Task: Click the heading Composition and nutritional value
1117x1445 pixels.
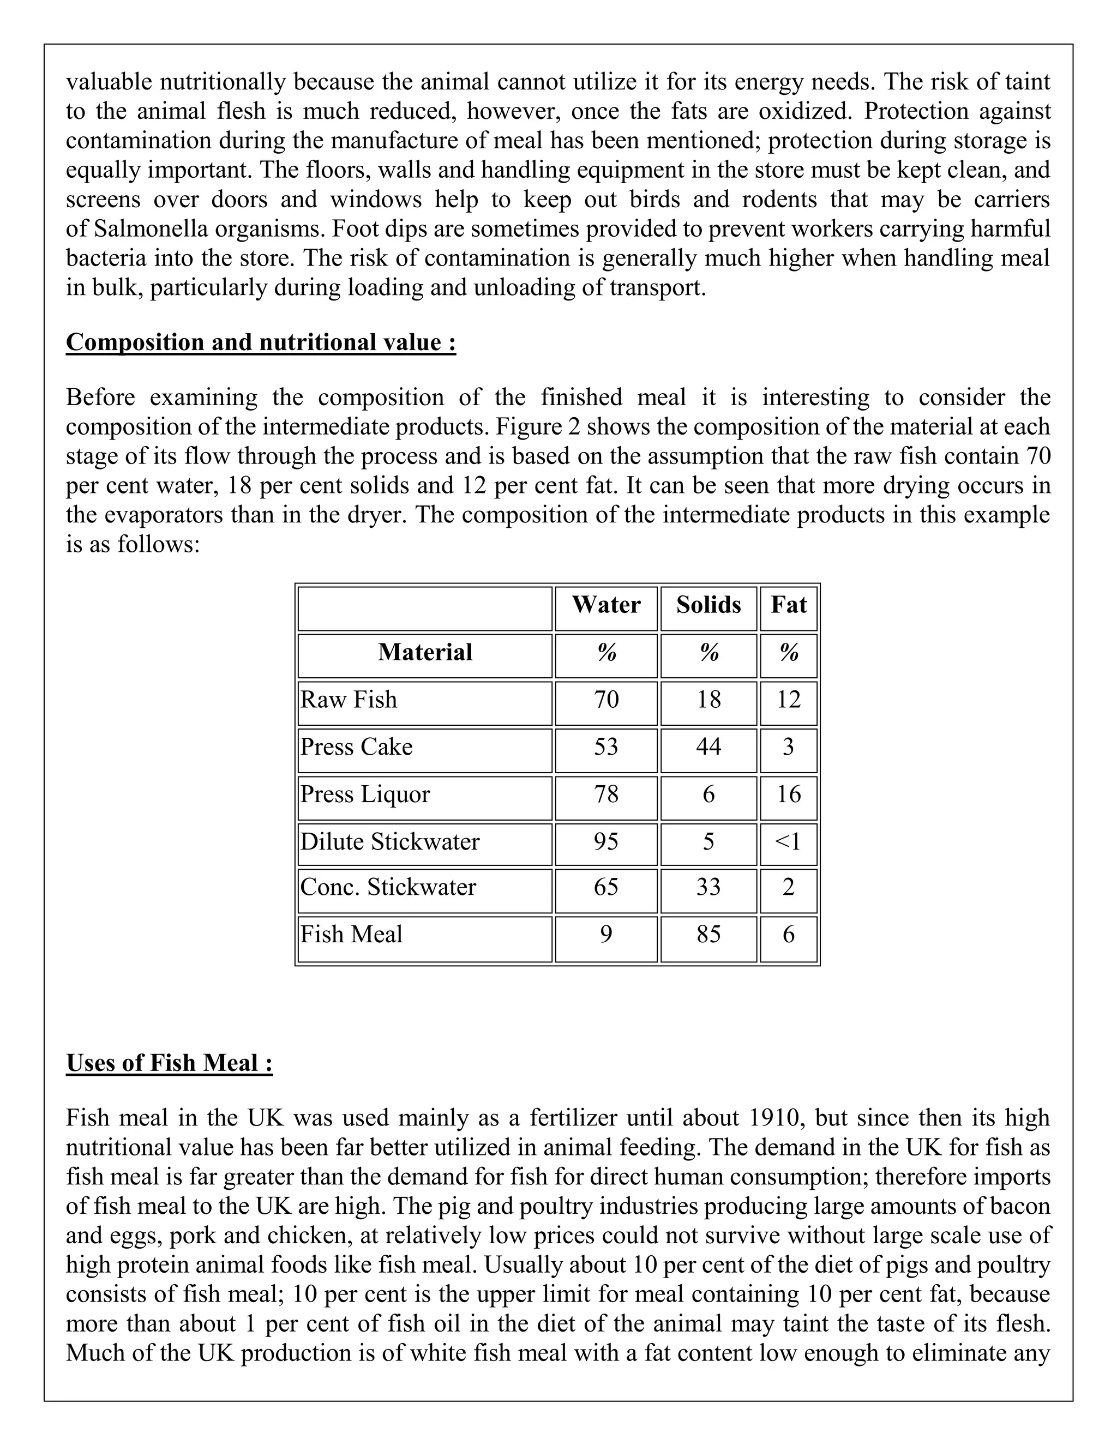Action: [261, 343]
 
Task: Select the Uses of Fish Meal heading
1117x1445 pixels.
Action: [170, 1063]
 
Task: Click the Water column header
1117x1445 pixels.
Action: [605, 605]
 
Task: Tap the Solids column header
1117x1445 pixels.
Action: [708, 605]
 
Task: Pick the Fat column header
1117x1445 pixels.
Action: [788, 605]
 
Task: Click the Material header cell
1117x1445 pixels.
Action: [425, 652]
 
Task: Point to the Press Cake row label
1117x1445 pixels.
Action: [356, 747]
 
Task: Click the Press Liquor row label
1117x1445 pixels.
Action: [365, 794]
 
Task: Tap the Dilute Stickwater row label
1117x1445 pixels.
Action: [390, 841]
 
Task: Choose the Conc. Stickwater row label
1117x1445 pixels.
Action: [388, 887]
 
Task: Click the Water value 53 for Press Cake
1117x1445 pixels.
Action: [605, 747]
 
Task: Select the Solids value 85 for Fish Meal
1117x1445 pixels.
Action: [708, 935]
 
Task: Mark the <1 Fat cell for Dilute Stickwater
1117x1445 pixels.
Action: [788, 841]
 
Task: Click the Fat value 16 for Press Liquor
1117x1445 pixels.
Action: [788, 794]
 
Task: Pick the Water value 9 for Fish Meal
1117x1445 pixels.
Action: [605, 935]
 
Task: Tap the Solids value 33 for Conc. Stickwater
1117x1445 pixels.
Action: [708, 887]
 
